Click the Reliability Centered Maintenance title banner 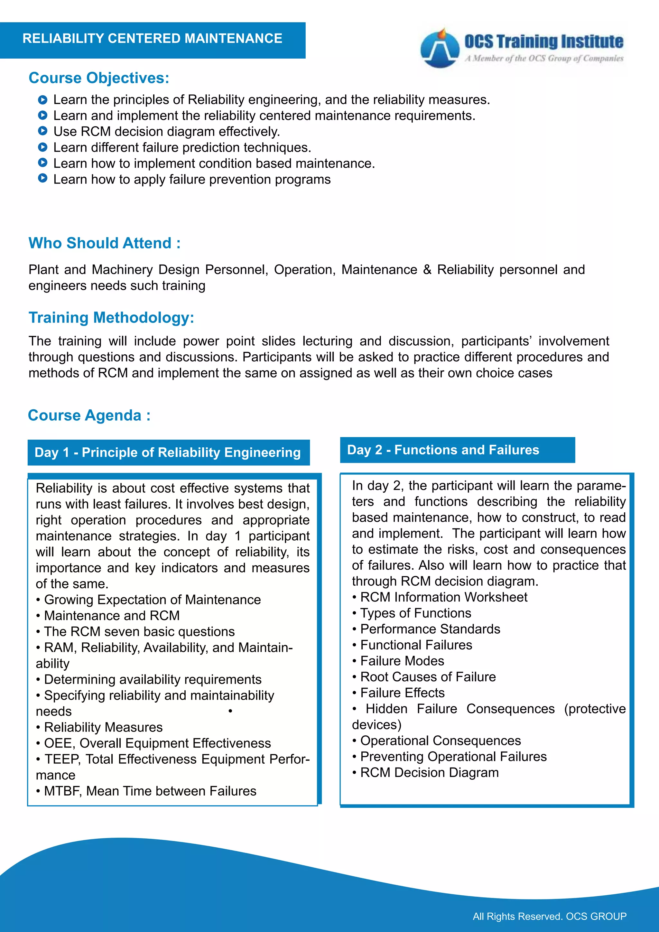152,39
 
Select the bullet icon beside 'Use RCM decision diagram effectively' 42,131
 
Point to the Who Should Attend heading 104,243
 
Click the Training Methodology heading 111,317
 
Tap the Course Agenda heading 89,415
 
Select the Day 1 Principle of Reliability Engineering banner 168,452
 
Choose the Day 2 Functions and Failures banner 457,450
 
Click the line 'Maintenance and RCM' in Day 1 112,615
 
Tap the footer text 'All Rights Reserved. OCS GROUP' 550,916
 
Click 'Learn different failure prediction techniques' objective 182,147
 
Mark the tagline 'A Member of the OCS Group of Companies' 544,59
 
